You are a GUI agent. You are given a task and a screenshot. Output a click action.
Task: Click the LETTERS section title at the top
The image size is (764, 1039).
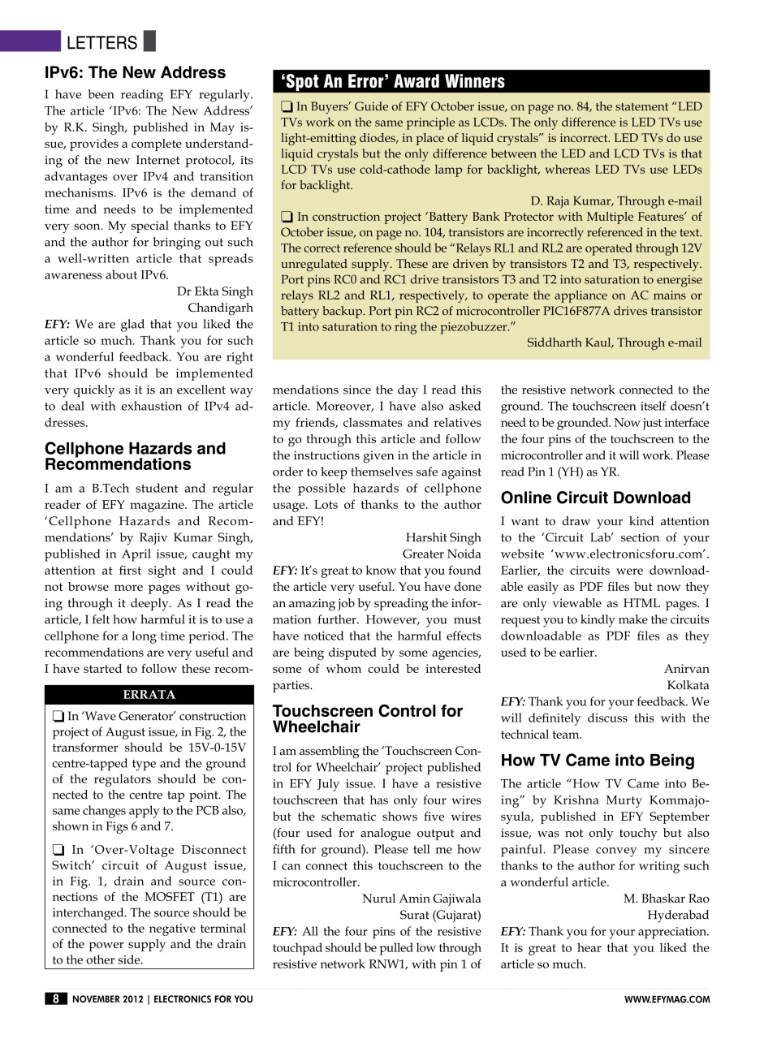(101, 42)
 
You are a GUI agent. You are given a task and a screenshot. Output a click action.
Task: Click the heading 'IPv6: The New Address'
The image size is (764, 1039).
(135, 73)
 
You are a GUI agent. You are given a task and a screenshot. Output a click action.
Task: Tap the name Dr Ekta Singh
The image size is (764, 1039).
(214, 291)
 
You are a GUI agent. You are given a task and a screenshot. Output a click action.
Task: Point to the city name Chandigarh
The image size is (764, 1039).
(220, 308)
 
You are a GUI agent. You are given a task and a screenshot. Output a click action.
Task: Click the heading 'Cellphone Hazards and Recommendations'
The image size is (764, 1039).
(135, 456)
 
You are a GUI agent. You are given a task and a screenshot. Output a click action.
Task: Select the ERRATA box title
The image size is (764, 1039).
(149, 695)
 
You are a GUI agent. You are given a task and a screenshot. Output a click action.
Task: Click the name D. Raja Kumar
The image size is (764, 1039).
(616, 201)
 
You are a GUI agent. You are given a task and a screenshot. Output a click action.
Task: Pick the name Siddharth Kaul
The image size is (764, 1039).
(614, 343)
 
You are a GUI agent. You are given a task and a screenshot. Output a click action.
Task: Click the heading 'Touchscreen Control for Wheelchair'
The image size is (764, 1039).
(367, 719)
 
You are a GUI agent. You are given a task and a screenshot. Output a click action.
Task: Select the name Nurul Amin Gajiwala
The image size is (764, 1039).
(421, 899)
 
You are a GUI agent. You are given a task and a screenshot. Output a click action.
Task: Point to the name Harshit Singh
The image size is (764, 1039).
(442, 537)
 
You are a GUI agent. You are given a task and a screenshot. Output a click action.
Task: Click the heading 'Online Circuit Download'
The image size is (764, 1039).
(595, 498)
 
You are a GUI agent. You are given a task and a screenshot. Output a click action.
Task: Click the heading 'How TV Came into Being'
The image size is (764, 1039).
(597, 761)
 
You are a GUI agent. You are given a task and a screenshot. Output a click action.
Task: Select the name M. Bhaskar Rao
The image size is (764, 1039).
(666, 899)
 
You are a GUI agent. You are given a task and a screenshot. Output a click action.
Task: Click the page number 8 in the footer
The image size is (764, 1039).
(55, 999)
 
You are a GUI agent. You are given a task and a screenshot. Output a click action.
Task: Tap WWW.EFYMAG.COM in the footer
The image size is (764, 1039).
(667, 1000)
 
